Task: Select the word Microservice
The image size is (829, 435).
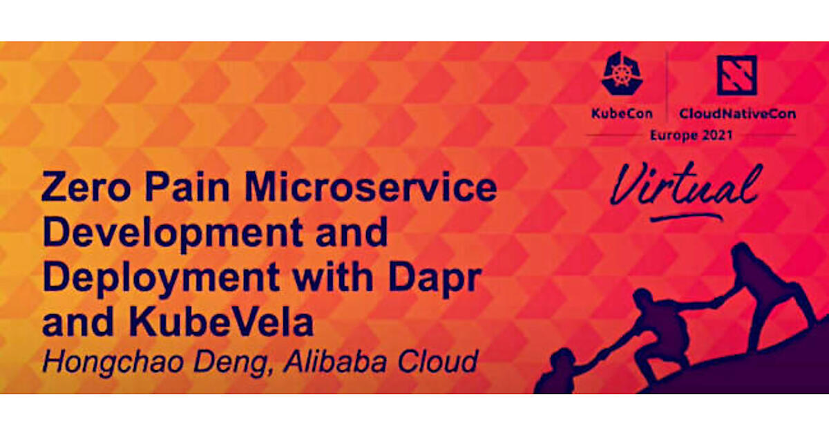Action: tap(370, 187)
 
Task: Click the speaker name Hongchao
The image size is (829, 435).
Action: tap(113, 362)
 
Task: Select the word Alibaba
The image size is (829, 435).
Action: tap(335, 360)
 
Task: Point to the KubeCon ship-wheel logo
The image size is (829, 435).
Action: tap(622, 73)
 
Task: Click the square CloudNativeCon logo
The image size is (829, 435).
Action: tap(736, 75)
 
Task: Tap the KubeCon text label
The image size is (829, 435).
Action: tap(622, 113)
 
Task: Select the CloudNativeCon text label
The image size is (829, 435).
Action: tap(737, 113)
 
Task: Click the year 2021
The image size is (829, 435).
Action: tap(717, 135)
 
